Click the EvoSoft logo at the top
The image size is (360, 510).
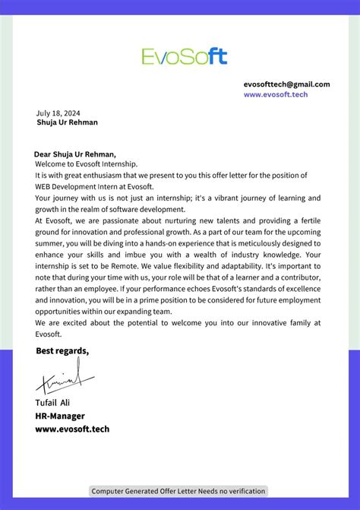click(184, 55)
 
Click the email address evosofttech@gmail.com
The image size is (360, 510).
click(286, 84)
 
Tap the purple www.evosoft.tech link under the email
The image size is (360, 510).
click(276, 95)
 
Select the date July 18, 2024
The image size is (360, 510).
click(58, 112)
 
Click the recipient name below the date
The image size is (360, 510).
click(67, 122)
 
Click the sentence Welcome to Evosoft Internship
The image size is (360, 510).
click(87, 163)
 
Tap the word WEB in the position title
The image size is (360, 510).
click(46, 186)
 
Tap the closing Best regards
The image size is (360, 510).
click(62, 350)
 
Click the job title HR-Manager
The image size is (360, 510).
click(60, 416)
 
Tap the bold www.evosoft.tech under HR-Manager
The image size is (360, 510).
click(72, 429)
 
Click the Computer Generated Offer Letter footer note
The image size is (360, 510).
click(178, 491)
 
